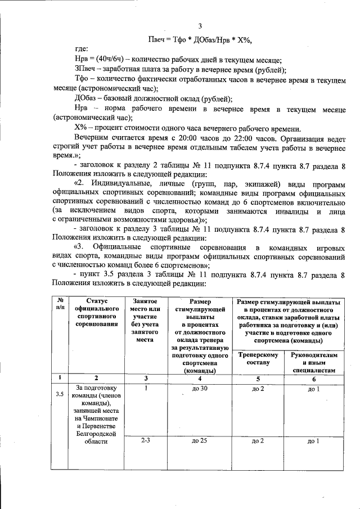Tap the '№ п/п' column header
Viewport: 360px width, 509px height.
[60, 305]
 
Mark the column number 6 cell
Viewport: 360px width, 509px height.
[314, 379]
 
